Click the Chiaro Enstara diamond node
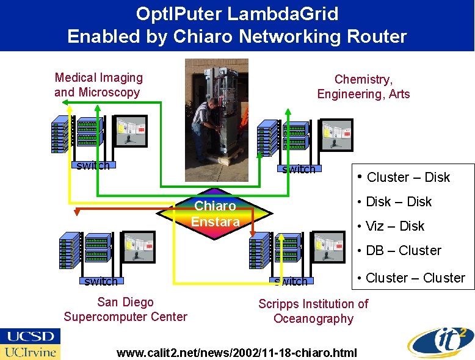coord(215,213)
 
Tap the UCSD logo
coord(31,336)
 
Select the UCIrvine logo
coord(31,351)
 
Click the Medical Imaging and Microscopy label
coord(98,85)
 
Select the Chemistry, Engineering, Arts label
coord(363,87)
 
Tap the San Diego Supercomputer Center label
coord(125,309)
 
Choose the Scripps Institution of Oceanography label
coord(313,311)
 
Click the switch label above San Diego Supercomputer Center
coord(101,281)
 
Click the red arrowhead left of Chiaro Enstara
coord(77,211)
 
